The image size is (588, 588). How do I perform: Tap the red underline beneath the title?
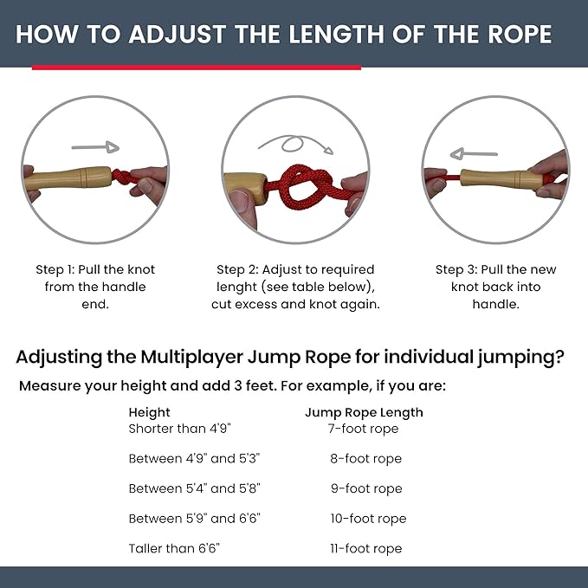point(196,68)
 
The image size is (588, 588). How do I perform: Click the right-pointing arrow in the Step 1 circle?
point(95,146)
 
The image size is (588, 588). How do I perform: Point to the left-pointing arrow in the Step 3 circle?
point(475,153)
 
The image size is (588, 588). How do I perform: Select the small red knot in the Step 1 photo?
point(122,178)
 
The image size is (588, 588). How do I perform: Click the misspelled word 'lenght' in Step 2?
point(242,287)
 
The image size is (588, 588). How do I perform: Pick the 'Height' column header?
point(150,412)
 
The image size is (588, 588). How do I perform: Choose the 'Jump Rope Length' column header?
point(364,412)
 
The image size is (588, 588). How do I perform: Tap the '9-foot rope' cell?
point(365,488)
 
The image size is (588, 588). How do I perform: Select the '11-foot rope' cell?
point(365,548)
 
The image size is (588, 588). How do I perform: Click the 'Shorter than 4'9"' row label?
point(179,429)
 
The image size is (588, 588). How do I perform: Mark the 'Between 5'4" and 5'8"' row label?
point(195,488)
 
